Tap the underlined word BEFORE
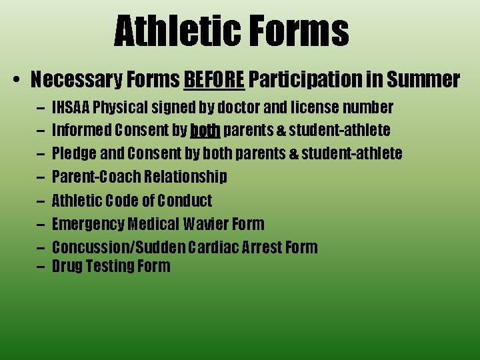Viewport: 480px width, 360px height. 214,80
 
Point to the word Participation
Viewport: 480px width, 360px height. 305,80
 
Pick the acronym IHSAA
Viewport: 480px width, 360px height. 71,107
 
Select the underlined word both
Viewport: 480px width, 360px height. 205,130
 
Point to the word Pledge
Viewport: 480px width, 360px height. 74,153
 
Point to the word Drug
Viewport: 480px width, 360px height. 67,266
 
